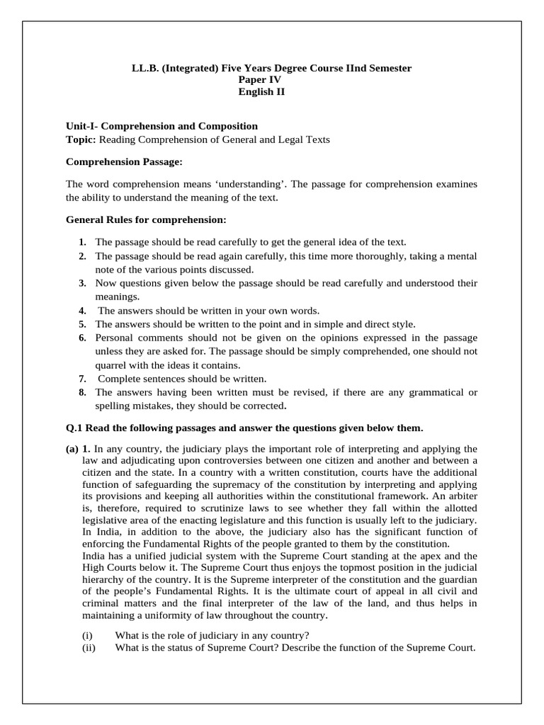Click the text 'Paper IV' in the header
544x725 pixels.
click(271, 80)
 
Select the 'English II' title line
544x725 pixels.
click(271, 92)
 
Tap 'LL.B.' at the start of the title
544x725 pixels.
click(145, 68)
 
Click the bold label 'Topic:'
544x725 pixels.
click(80, 139)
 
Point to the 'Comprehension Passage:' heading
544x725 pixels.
click(124, 162)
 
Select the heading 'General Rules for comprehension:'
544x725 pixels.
click(146, 220)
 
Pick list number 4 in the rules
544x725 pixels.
click(83, 311)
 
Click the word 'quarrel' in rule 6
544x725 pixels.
click(112, 365)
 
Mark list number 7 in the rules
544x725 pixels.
click(83, 379)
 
